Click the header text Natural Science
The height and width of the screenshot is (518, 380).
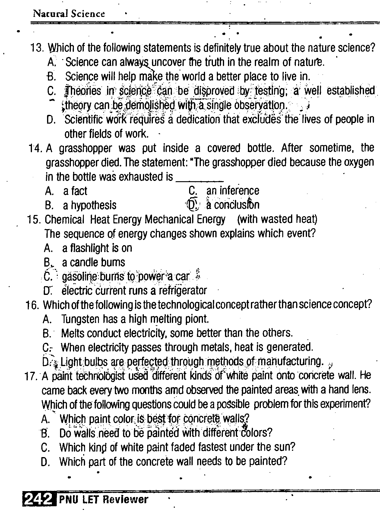[x=69, y=14]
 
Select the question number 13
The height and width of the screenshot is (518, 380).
[x=38, y=48]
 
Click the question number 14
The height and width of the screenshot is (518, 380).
[x=36, y=148]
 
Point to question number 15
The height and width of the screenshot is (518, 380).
[x=34, y=220]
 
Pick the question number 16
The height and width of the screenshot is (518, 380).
[x=32, y=305]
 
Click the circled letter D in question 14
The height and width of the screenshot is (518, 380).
[x=192, y=205]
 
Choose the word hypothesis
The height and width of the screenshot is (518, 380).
[x=93, y=205]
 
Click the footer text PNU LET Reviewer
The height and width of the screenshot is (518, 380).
[x=103, y=500]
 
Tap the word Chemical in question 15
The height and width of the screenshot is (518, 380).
[x=65, y=220]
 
